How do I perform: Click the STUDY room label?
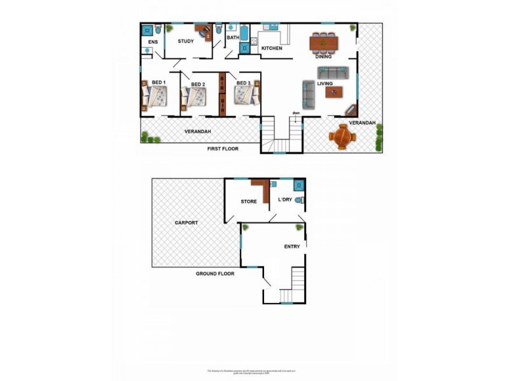[186, 41]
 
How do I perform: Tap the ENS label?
[152, 42]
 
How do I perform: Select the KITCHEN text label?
[272, 48]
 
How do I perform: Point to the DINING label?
[324, 56]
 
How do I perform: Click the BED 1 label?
[158, 83]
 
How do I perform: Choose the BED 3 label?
[244, 83]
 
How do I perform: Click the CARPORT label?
[186, 223]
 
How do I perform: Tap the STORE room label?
[248, 201]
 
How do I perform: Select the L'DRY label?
[284, 200]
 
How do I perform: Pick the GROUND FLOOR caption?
[214, 274]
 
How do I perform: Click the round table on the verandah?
[344, 136]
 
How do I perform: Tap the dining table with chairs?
[324, 43]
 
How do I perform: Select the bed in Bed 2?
[195, 97]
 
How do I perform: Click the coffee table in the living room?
[333, 92]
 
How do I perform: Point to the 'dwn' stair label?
[296, 114]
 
